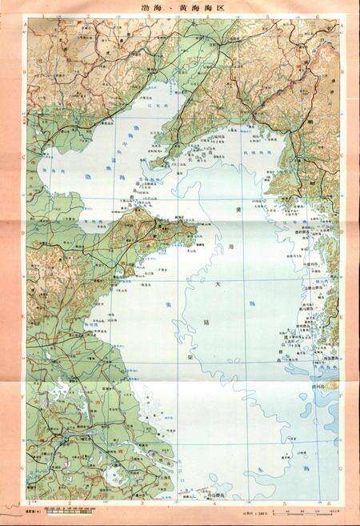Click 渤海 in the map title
point(149,9)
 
